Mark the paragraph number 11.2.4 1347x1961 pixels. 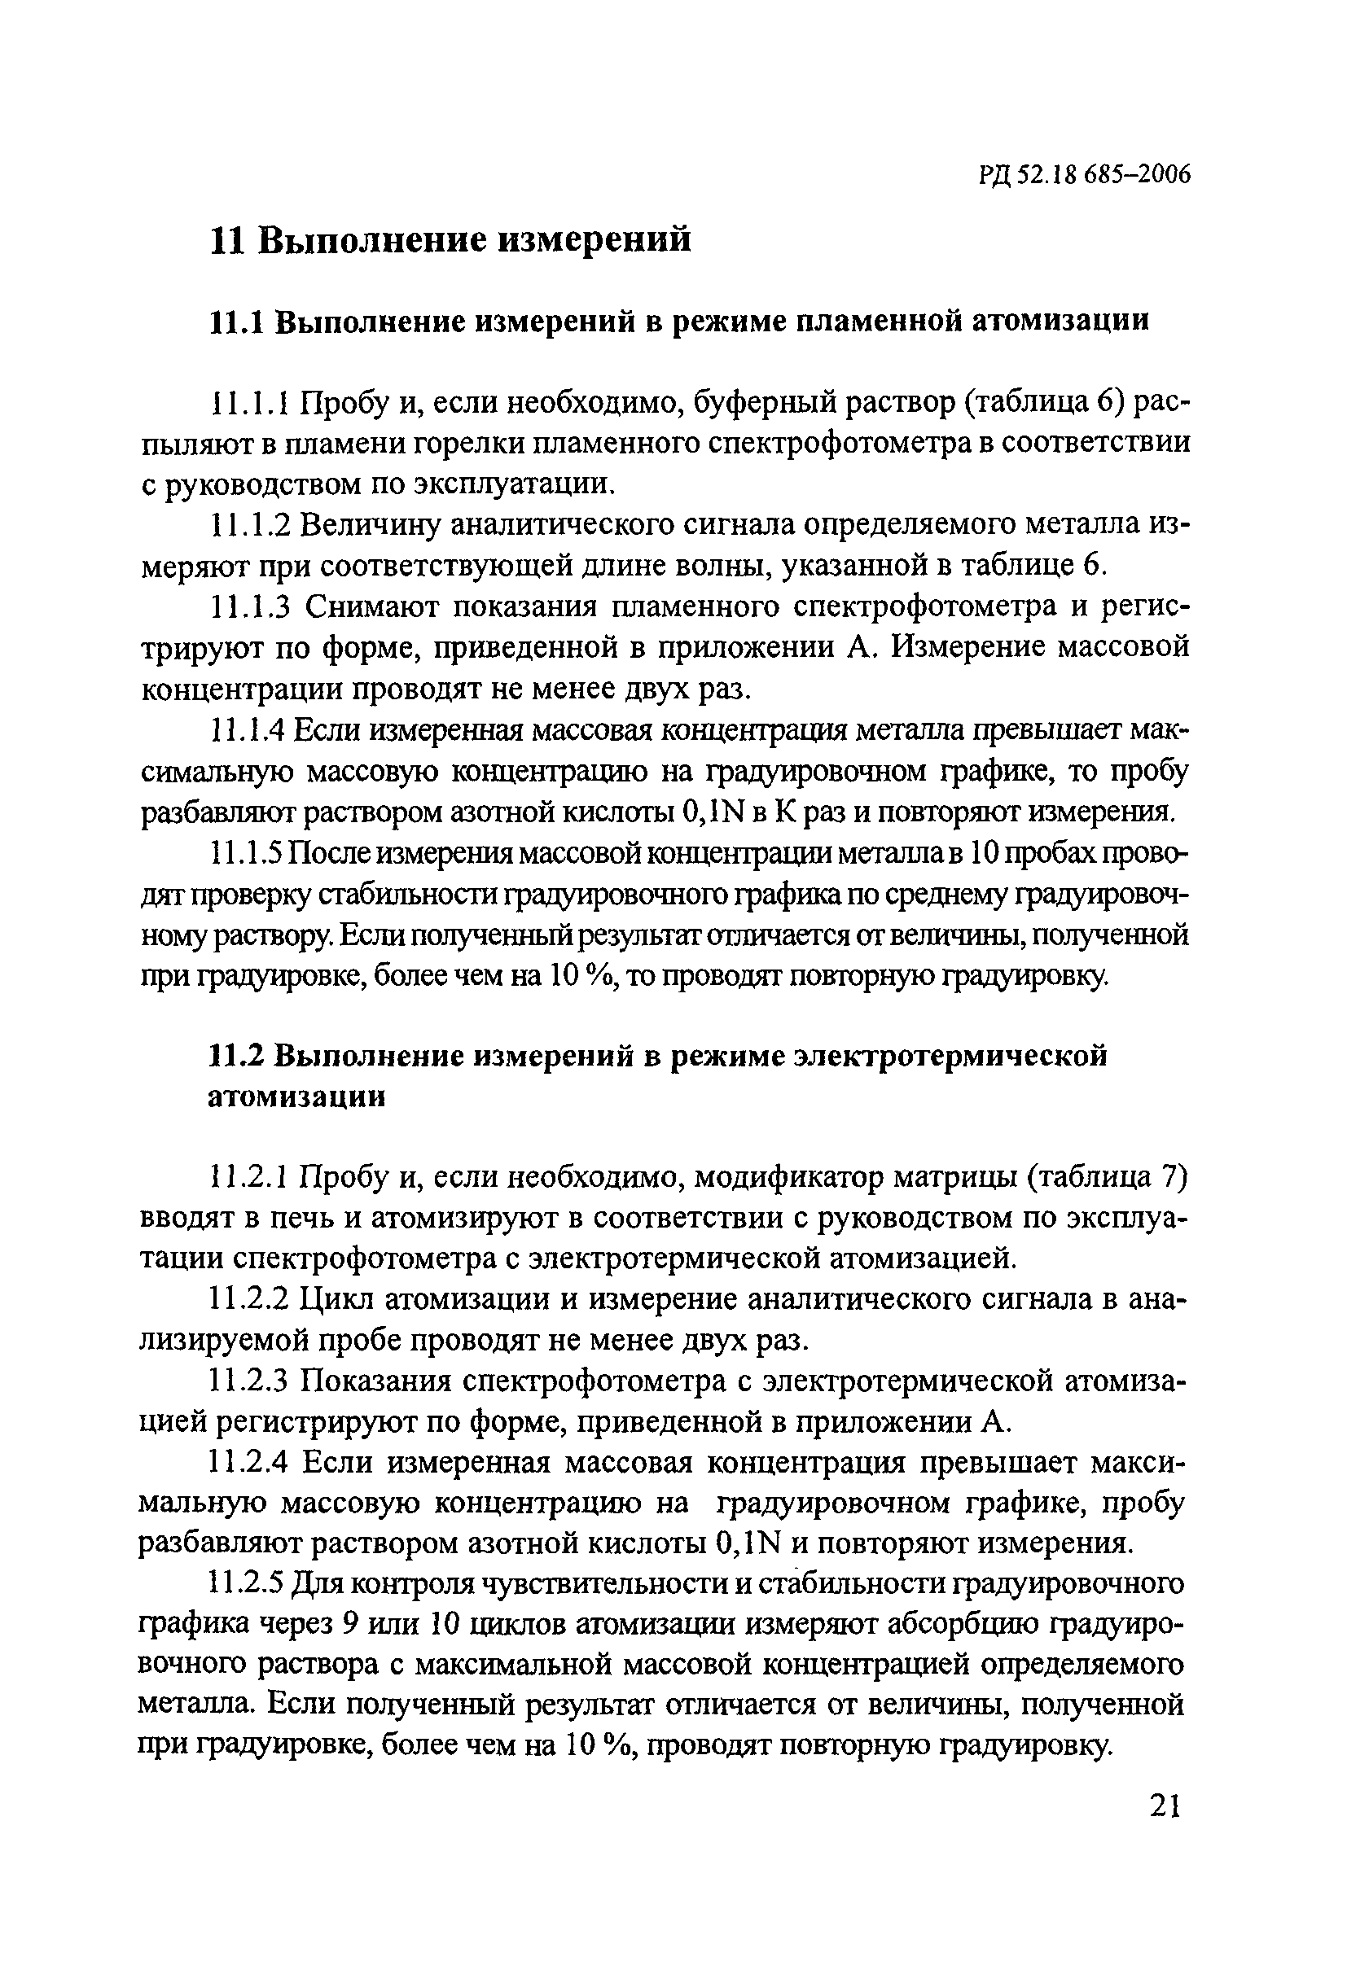[249, 1462]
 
